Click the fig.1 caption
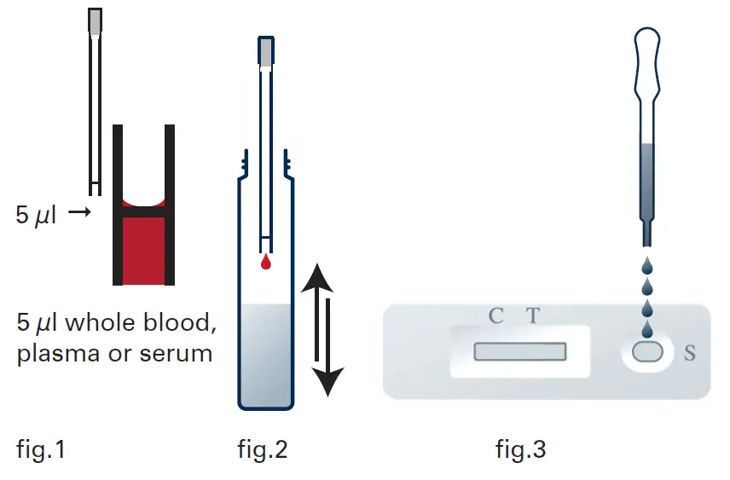(x=41, y=448)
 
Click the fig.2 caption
(x=262, y=448)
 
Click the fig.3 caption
(x=520, y=448)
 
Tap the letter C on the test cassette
(x=495, y=316)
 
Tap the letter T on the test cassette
(x=532, y=316)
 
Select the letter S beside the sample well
(x=690, y=352)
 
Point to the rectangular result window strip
(x=520, y=351)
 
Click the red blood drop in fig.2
(x=266, y=263)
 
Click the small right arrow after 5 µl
(x=78, y=213)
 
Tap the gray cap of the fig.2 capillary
(x=266, y=52)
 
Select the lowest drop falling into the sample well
(x=648, y=328)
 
